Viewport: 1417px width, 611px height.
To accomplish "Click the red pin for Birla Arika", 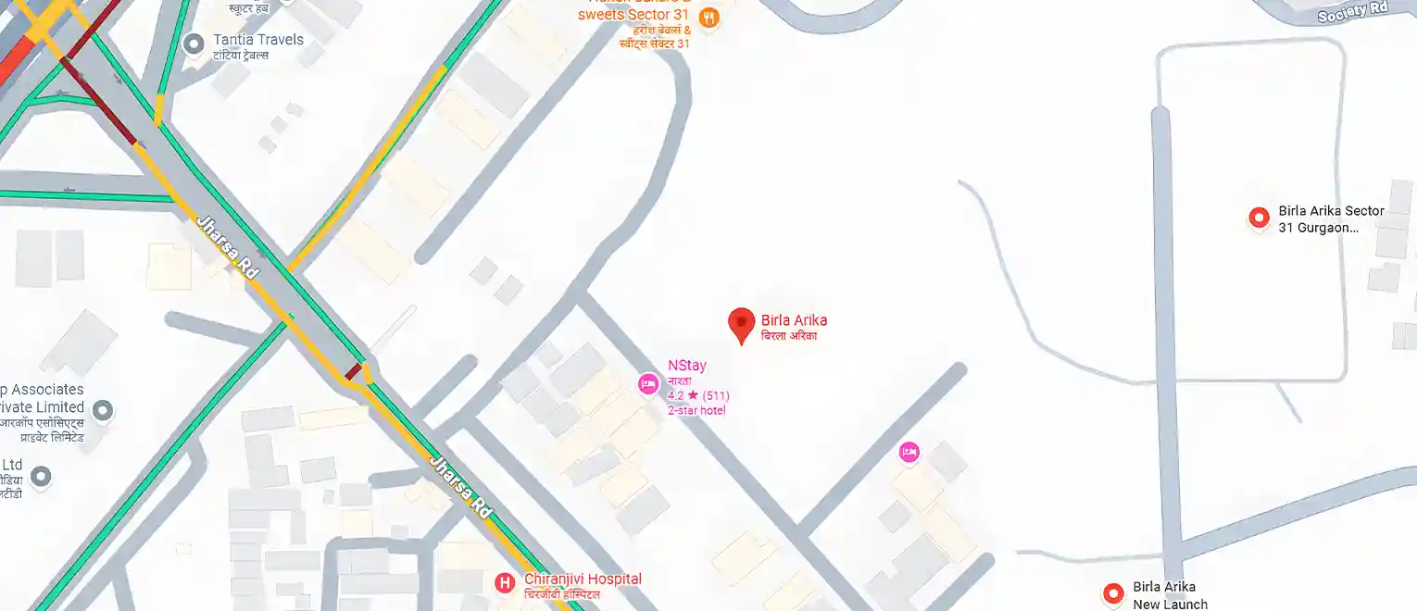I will tap(741, 324).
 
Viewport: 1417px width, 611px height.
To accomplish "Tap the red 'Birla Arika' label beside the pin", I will tap(794, 321).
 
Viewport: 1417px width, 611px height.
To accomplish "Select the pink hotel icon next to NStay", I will tap(648, 383).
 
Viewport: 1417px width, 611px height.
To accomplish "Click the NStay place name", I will tap(686, 366).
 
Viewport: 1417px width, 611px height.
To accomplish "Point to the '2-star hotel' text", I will tap(696, 410).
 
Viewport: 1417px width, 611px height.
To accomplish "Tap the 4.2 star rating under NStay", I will tap(697, 396).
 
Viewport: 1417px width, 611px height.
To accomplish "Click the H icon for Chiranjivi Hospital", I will tap(505, 582).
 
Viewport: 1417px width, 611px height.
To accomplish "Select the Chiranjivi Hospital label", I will tap(583, 580).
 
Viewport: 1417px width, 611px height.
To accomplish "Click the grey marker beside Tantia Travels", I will tap(194, 44).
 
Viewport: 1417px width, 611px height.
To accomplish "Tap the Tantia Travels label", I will tap(258, 40).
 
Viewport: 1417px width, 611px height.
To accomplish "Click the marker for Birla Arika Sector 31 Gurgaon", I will tap(1259, 218).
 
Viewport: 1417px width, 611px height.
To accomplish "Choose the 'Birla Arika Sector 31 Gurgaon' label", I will tap(1331, 218).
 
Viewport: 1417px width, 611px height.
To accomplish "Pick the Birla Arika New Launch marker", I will tap(1113, 593).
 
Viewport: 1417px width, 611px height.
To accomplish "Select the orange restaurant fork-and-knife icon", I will tap(708, 18).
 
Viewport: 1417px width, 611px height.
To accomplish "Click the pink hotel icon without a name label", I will tap(909, 452).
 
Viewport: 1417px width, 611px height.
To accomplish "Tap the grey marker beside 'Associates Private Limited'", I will tap(103, 409).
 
